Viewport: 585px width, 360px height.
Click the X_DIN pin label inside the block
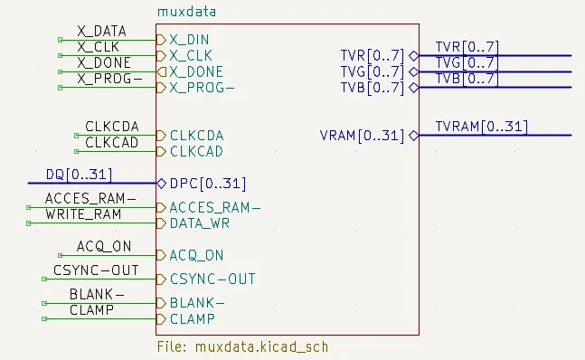click(195, 40)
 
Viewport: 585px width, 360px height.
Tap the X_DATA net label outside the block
click(101, 32)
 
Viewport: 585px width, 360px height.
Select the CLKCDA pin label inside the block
click(196, 136)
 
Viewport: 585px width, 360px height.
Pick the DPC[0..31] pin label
click(208, 184)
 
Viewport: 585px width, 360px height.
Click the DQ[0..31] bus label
click(79, 175)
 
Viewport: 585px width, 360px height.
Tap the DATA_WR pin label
click(199, 223)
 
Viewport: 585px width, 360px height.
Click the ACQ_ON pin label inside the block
click(196, 255)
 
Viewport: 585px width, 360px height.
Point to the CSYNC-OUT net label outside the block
click(96, 270)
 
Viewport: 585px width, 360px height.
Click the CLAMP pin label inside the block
click(192, 319)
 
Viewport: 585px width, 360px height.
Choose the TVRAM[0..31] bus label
click(481, 127)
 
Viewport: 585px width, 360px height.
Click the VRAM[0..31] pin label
click(362, 136)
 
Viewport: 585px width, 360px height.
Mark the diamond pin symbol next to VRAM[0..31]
click(413, 136)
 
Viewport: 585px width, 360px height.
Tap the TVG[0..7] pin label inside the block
click(373, 71)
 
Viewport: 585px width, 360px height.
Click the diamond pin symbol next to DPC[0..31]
click(162, 184)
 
